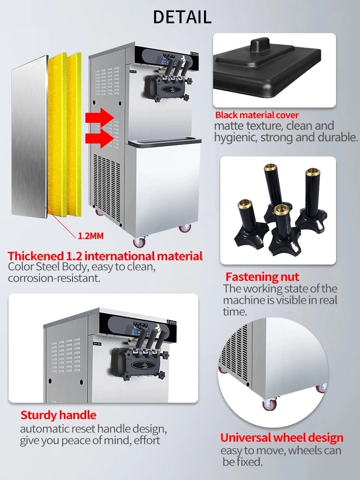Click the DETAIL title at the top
pyautogui.click(x=182, y=17)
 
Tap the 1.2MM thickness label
pyautogui.click(x=91, y=236)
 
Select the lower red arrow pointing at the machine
pyautogui.click(x=99, y=138)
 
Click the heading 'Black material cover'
pyautogui.click(x=257, y=115)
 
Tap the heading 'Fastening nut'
pyautogui.click(x=262, y=277)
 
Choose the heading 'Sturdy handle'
pyautogui.click(x=58, y=415)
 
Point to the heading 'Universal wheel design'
pyautogui.click(x=282, y=438)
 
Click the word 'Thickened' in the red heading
pyautogui.click(x=35, y=256)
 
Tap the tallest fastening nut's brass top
pyautogui.click(x=271, y=168)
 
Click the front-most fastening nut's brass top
pyautogui.click(x=281, y=210)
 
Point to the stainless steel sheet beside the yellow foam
pyautogui.click(x=29, y=136)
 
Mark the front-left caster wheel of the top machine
pyautogui.click(x=139, y=242)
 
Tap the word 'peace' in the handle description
pyautogui.click(x=76, y=441)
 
